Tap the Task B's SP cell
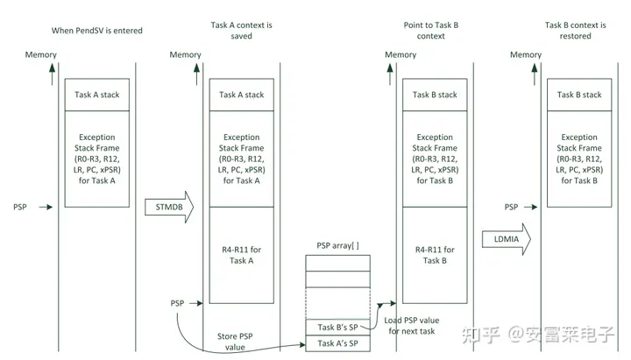pyautogui.click(x=337, y=327)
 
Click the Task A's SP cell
pyautogui.click(x=337, y=343)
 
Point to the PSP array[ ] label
pyautogui.click(x=337, y=246)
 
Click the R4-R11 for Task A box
pyautogui.click(x=241, y=255)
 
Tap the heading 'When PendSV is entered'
pyautogui.click(x=96, y=31)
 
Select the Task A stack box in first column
pyautogui.click(x=96, y=95)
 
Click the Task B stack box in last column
pyautogui.click(x=579, y=95)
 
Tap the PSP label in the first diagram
pyautogui.click(x=21, y=207)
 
